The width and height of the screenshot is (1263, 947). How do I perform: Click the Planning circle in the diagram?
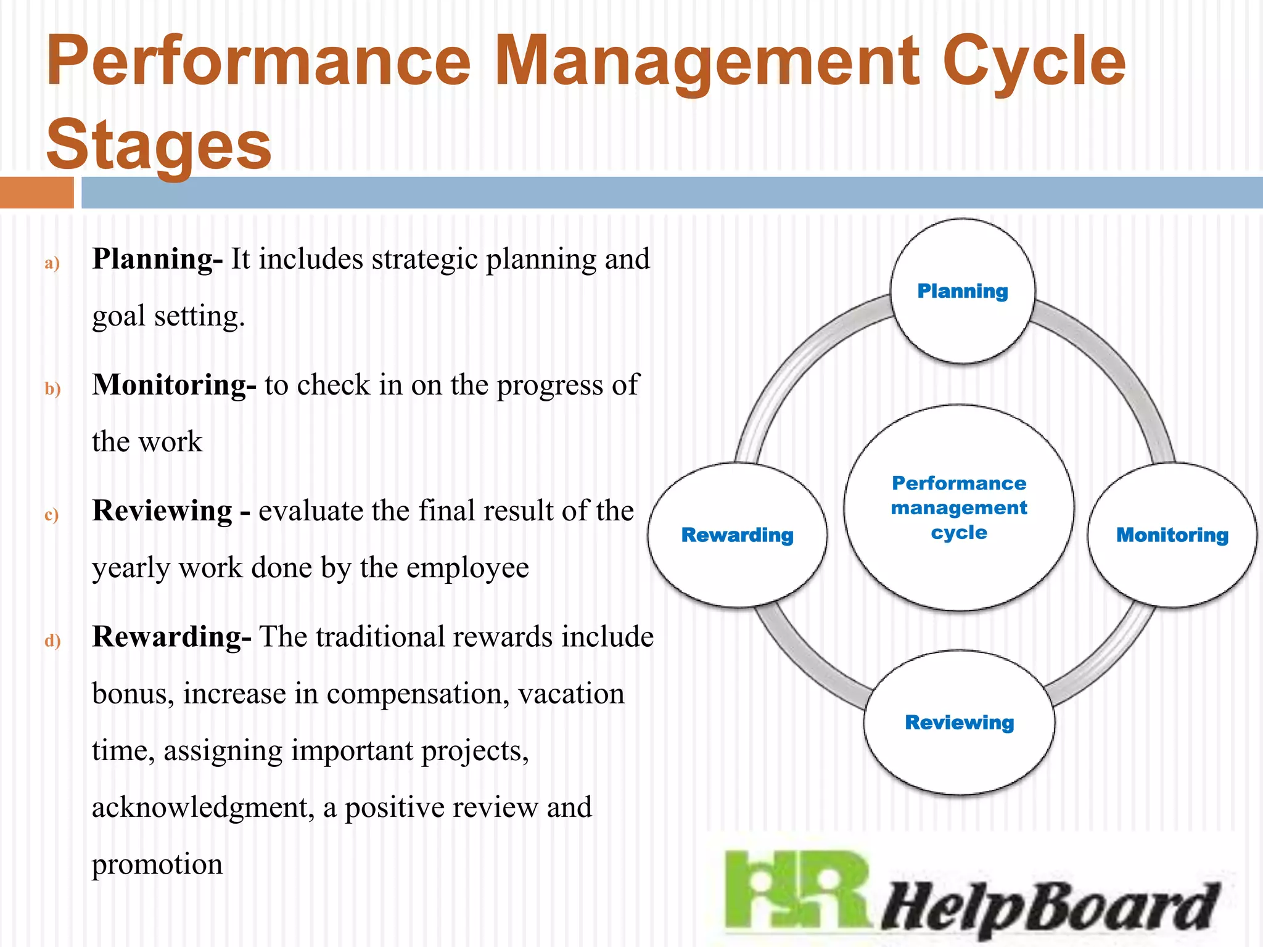click(963, 291)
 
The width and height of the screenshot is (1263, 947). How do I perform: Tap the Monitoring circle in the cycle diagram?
click(1172, 535)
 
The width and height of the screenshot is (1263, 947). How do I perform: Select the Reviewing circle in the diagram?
click(959, 723)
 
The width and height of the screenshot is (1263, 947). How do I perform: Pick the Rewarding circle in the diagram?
click(737, 535)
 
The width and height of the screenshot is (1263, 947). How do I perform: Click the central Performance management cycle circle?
click(959, 507)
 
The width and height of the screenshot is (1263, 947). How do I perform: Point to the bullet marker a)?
click(52, 263)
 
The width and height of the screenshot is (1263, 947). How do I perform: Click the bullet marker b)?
click(52, 389)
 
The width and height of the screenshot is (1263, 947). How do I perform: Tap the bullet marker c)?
click(52, 515)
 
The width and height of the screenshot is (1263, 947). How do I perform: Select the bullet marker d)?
click(52, 641)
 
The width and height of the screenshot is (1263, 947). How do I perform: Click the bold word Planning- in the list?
click(157, 259)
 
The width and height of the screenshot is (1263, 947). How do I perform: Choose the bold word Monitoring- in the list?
click(174, 385)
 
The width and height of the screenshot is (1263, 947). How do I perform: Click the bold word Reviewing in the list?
click(162, 511)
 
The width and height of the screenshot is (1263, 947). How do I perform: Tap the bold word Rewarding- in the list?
click(171, 637)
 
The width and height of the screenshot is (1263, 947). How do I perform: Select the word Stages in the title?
click(158, 146)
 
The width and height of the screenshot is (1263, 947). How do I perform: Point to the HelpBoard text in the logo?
click(1048, 906)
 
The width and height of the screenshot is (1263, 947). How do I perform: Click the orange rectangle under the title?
click(36, 192)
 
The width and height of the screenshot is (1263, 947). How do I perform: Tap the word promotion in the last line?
click(157, 864)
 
